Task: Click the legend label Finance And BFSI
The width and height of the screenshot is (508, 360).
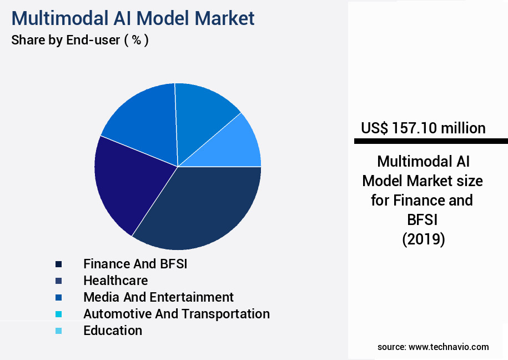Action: tap(135, 264)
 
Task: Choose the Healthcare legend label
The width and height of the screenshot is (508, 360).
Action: tap(115, 281)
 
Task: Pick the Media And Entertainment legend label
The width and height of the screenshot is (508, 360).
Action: tap(158, 297)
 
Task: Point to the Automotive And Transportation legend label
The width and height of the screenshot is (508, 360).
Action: tap(177, 314)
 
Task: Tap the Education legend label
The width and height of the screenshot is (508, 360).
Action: tap(113, 331)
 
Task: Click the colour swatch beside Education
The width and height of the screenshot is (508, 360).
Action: tap(58, 331)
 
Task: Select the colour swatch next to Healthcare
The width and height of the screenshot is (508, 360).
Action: tap(58, 281)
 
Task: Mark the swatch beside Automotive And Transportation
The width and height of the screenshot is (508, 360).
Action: tap(58, 314)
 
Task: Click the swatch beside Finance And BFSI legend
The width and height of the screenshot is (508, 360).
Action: tap(58, 264)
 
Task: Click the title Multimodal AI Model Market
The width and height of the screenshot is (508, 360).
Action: tap(133, 18)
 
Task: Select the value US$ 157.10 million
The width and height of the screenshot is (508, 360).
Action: tap(423, 128)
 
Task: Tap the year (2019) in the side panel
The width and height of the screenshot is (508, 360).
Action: tap(423, 239)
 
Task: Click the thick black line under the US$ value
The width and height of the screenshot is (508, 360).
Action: tap(431, 142)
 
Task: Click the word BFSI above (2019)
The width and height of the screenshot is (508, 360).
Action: tap(423, 220)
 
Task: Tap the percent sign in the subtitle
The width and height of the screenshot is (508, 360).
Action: tap(135, 41)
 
